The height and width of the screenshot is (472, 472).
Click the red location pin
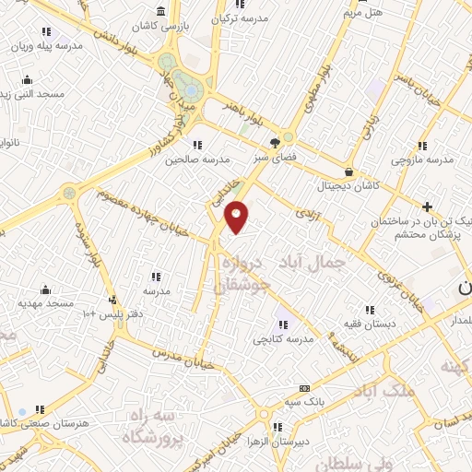coord(238,217)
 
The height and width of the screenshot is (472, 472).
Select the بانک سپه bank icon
coord(303,388)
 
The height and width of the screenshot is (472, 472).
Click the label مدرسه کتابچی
coord(284,338)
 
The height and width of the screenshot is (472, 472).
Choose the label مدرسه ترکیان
coord(239,18)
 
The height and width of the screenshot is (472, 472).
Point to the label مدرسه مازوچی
coord(422,159)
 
